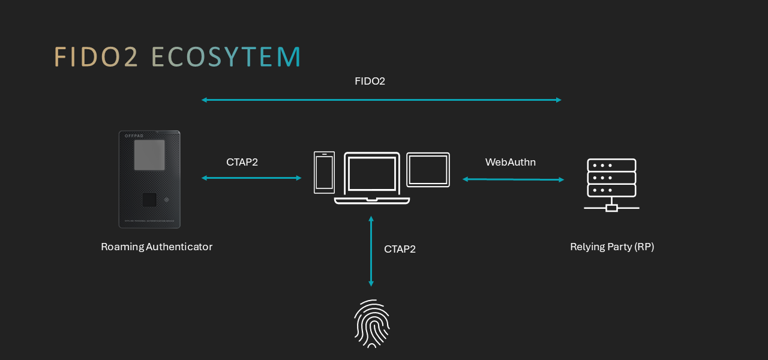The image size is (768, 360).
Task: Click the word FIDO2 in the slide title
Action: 96,56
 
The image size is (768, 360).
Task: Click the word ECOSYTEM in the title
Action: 226,56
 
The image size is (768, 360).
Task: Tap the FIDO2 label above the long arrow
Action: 370,81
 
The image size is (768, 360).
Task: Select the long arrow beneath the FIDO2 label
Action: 382,100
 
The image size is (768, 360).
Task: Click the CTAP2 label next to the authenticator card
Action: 242,162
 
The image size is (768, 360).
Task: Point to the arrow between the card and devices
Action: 251,178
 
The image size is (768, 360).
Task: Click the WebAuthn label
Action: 510,162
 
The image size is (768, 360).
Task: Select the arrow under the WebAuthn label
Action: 513,179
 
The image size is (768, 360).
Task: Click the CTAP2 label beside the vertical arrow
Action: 400,249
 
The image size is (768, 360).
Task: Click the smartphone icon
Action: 324,172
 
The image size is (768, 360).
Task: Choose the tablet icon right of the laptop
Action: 428,170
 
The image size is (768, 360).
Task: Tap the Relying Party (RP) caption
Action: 611,247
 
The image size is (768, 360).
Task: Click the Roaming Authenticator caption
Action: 157,247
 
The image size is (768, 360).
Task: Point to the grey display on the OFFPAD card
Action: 149,155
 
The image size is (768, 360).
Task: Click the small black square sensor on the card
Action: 149,200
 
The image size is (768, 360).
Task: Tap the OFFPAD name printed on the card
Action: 135,136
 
